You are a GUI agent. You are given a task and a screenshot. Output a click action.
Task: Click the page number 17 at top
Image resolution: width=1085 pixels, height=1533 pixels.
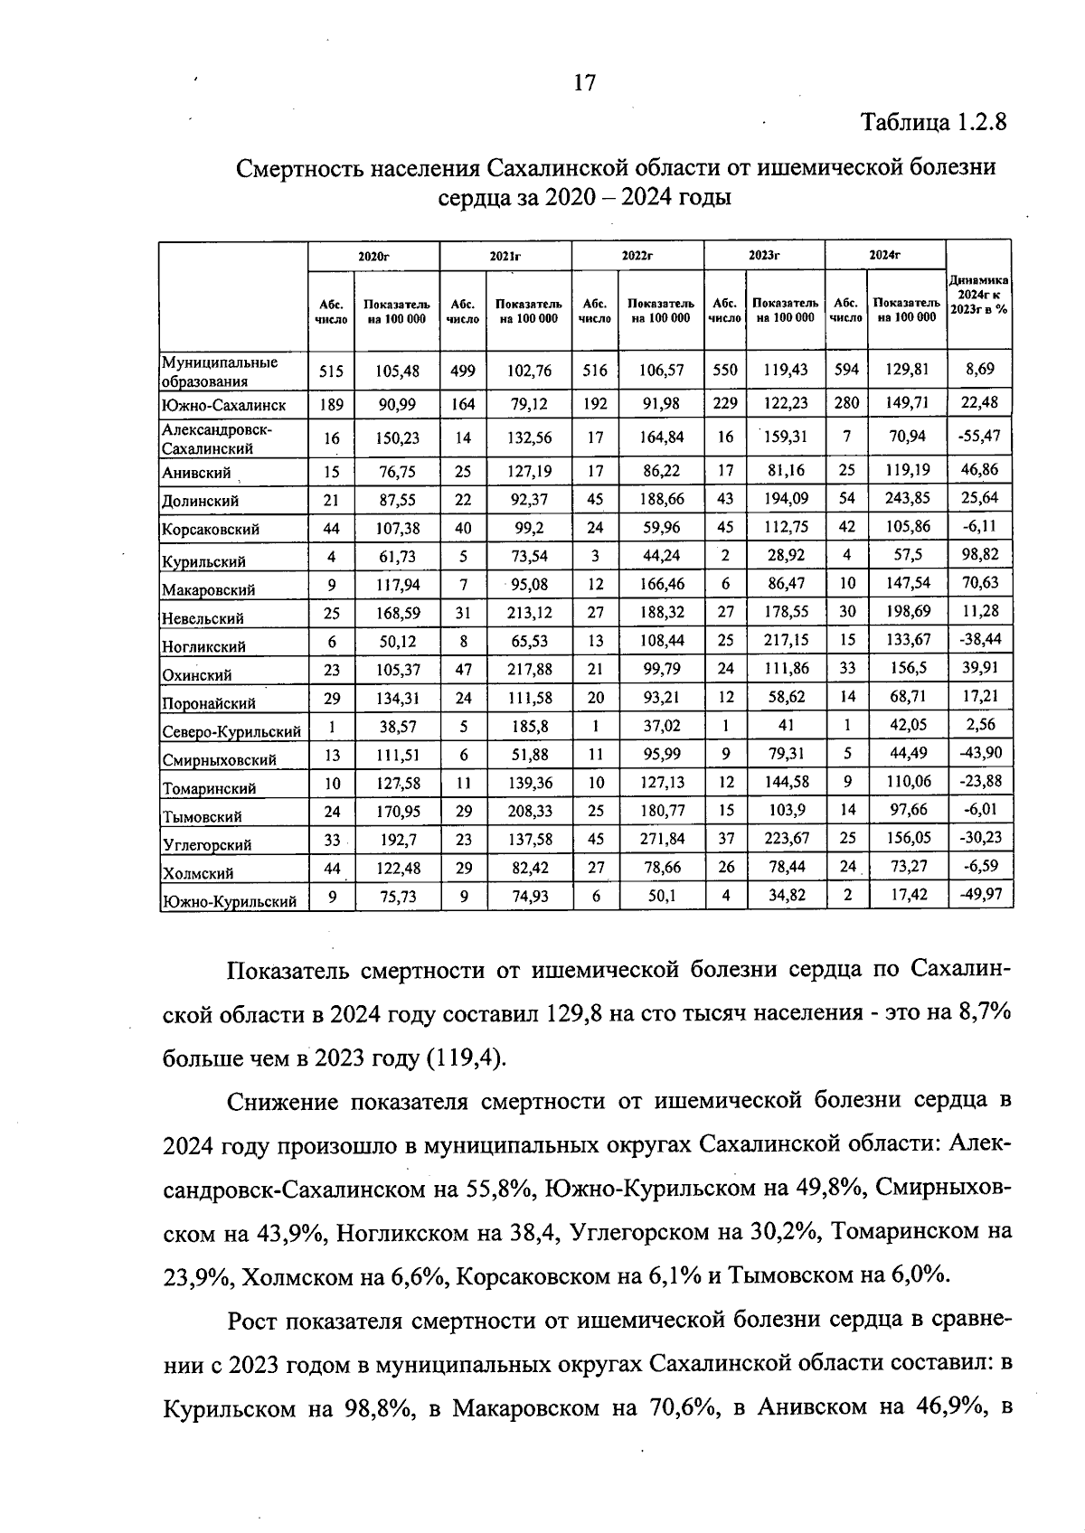click(x=585, y=83)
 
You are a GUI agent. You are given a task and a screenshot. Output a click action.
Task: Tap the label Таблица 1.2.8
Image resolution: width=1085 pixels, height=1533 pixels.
click(x=933, y=122)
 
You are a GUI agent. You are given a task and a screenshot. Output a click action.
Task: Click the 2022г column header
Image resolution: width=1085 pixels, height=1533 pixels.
click(x=637, y=256)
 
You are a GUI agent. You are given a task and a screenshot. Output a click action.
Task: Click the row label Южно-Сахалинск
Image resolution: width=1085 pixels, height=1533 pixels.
click(x=223, y=405)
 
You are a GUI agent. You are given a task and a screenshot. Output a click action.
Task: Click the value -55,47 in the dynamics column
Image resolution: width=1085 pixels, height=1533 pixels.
click(x=979, y=437)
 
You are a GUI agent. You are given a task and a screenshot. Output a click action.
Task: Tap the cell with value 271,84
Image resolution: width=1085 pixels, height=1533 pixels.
click(x=661, y=839)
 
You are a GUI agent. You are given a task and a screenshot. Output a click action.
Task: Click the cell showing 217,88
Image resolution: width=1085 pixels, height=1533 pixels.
click(x=529, y=669)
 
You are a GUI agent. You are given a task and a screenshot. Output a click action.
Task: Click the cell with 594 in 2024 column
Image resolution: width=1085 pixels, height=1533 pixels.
click(x=846, y=370)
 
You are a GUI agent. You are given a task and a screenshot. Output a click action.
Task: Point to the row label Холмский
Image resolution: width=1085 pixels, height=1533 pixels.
click(x=198, y=873)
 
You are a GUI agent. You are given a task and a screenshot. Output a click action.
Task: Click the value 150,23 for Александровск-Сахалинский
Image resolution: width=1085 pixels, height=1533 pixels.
click(x=398, y=438)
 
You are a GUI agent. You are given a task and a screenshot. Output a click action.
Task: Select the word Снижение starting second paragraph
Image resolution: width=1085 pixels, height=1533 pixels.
click(x=284, y=1101)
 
